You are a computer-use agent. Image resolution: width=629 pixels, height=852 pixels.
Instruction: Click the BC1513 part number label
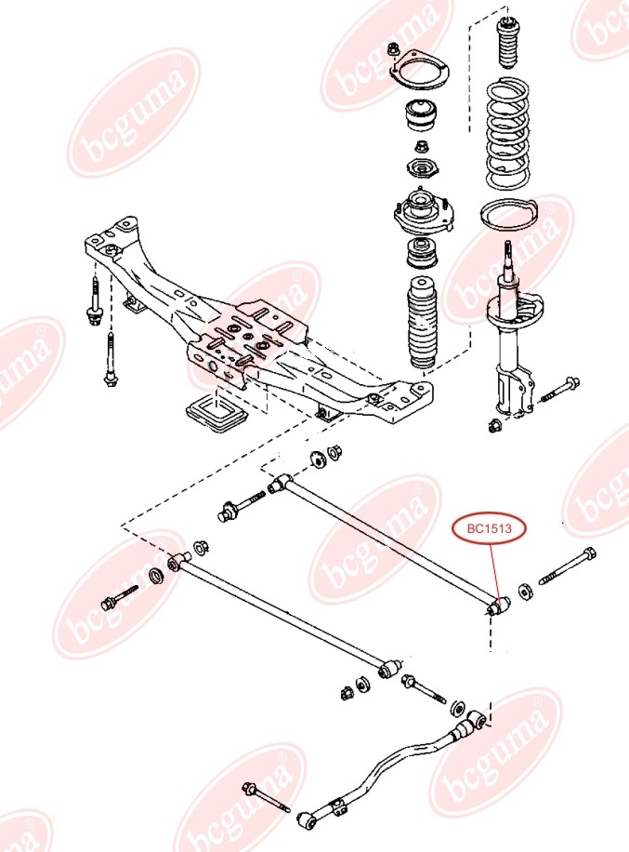coord(489,529)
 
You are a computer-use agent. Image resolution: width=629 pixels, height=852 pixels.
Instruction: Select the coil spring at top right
coord(509,134)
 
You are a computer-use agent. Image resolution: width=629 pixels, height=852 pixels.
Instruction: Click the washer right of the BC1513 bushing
coord(524,592)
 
